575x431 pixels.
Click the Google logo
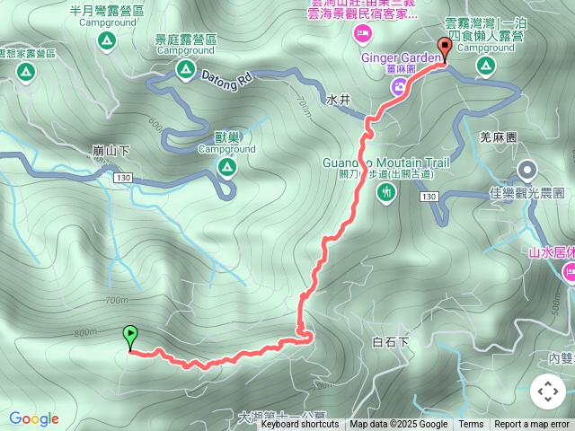pyautogui.click(x=34, y=418)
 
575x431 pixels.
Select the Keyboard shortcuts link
pyautogui.click(x=300, y=425)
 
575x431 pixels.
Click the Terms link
pyautogui.click(x=471, y=425)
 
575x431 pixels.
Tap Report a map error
pyautogui.click(x=532, y=425)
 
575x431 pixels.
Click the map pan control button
pyautogui.click(x=547, y=391)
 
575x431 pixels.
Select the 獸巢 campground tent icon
pyautogui.click(x=227, y=166)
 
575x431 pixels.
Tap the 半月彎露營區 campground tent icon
pyautogui.click(x=106, y=40)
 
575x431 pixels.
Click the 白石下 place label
pyautogui.click(x=390, y=342)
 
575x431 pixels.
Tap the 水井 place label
pyautogui.click(x=338, y=100)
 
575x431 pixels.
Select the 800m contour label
pyautogui.click(x=85, y=333)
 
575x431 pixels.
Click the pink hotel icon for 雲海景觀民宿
pyautogui.click(x=363, y=33)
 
